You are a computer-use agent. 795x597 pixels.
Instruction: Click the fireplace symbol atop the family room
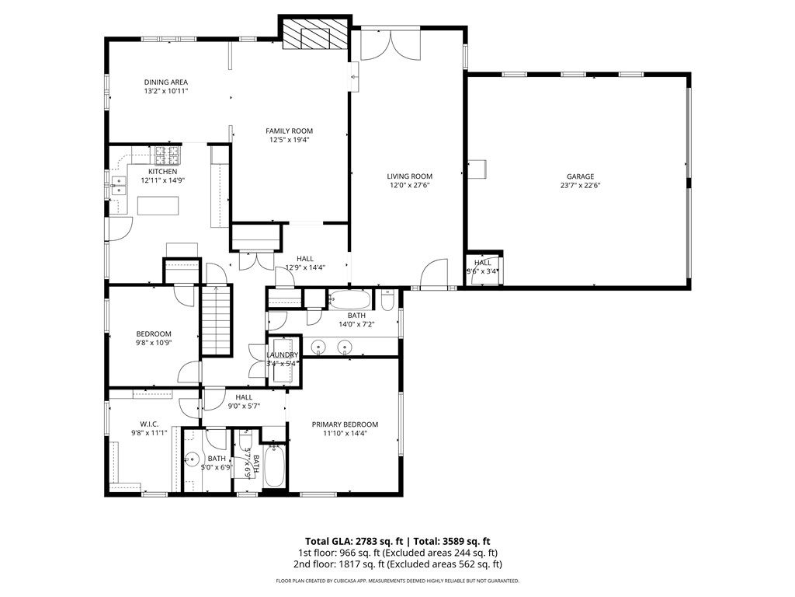[x=314, y=35]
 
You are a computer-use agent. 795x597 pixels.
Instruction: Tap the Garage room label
[x=580, y=176]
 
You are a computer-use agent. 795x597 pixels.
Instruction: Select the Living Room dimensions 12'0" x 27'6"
[x=409, y=186]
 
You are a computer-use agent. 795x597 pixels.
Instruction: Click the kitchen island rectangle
[x=158, y=206]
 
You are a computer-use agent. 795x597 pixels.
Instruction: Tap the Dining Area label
[x=165, y=82]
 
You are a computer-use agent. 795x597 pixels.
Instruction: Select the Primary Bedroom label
[x=345, y=424]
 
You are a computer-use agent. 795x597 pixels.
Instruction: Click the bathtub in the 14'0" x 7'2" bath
[x=351, y=300]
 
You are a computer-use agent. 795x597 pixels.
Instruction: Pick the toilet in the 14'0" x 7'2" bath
[x=389, y=300]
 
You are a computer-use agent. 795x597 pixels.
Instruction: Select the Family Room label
[x=289, y=131]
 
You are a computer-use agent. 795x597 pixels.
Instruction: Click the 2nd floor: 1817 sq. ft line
[x=397, y=564]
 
